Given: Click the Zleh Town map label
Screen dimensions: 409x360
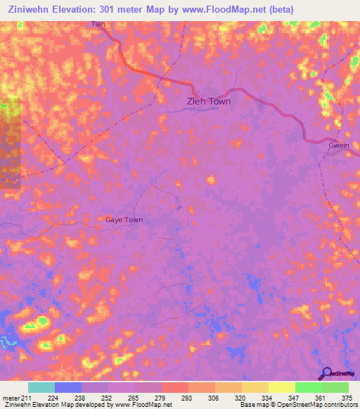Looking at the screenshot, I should [208, 101].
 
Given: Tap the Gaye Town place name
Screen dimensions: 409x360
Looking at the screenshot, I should [124, 220].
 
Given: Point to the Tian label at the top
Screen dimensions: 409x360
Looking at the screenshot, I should [98, 25].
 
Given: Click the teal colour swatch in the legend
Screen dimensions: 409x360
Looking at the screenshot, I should [41, 387].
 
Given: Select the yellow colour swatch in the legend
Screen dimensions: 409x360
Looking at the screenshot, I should [281, 387].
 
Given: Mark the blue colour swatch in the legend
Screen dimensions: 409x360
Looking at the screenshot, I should [68, 387].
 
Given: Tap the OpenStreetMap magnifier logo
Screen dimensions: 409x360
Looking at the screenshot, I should [326, 373].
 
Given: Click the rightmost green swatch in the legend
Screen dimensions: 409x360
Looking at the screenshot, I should [335, 387].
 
